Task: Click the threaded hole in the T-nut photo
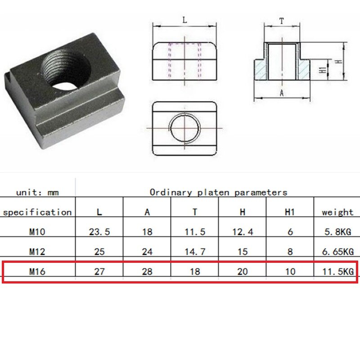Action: (66, 70)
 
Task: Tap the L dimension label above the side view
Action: (185, 20)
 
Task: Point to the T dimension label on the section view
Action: (282, 21)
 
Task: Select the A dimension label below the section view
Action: (282, 93)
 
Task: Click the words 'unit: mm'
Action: (37, 193)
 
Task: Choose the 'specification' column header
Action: (37, 212)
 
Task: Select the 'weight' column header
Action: (337, 212)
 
